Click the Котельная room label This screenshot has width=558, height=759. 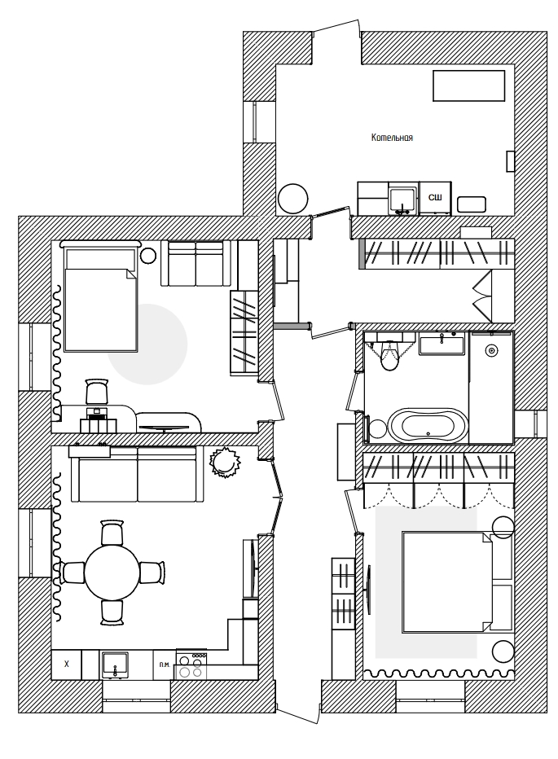pyautogui.click(x=392, y=138)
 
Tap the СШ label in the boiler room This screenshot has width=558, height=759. pyautogui.click(x=435, y=198)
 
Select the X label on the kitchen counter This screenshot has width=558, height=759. pyautogui.click(x=66, y=664)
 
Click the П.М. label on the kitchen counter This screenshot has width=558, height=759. pyautogui.click(x=165, y=665)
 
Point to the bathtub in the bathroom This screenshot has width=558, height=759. pyautogui.click(x=428, y=425)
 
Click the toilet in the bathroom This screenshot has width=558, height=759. pyautogui.click(x=388, y=356)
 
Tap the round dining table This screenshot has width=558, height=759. pyautogui.click(x=112, y=573)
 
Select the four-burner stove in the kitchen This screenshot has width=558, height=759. pyautogui.click(x=191, y=665)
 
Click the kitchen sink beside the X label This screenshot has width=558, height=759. pyautogui.click(x=115, y=665)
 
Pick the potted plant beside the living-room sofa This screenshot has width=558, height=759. pyautogui.click(x=225, y=463)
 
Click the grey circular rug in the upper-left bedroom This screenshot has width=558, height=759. pyautogui.click(x=147, y=344)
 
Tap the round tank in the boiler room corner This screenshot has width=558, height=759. pyautogui.click(x=293, y=199)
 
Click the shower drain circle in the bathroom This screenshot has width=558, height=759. pyautogui.click(x=492, y=350)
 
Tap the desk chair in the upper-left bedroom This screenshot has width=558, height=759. pyautogui.click(x=96, y=391)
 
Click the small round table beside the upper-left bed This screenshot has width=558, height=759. pyautogui.click(x=147, y=256)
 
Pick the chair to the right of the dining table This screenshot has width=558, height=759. pyautogui.click(x=152, y=573)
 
